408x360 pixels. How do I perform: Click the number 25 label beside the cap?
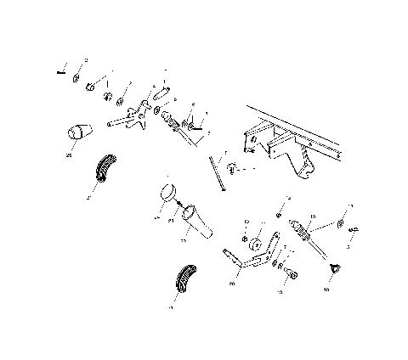pyautogui.click(x=68, y=155)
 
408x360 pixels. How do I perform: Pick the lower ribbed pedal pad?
pyautogui.click(x=185, y=281)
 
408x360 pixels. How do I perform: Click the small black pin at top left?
pyautogui.click(x=60, y=72)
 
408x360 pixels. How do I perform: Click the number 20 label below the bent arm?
pyautogui.click(x=232, y=284)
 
